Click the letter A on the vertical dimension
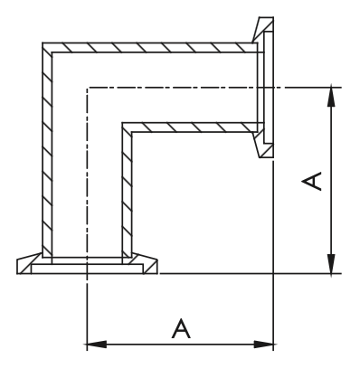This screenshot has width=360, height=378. pyautogui.click(x=311, y=182)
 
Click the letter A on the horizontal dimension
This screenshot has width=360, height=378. pyautogui.click(x=181, y=328)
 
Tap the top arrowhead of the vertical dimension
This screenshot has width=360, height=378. pyautogui.click(x=331, y=96)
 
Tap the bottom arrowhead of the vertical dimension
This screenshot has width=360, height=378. pyautogui.click(x=331, y=264)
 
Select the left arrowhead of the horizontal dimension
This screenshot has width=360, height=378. pyautogui.click(x=97, y=344)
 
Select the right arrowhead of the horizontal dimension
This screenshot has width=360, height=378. pyautogui.click(x=264, y=344)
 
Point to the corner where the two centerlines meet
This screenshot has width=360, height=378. pyautogui.click(x=87, y=88)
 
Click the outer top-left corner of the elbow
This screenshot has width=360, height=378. pyautogui.click(x=43, y=43)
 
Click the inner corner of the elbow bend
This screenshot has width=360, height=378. pyautogui.click(x=132, y=132)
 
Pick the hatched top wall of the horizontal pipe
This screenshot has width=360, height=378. pyautogui.click(x=150, y=47)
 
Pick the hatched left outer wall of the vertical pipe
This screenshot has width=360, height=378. pyautogui.click(x=47, y=150)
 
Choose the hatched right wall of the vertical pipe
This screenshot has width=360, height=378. pyautogui.click(x=127, y=190)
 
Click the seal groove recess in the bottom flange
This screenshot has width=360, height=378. pyautogui.click(x=87, y=269)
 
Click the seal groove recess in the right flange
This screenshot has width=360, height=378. pyautogui.click(x=269, y=88)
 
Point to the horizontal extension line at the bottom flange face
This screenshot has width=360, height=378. pyautogui.click(x=251, y=274)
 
